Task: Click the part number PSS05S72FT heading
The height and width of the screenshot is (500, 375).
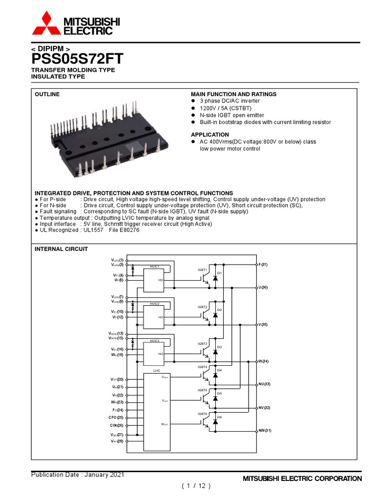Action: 77,59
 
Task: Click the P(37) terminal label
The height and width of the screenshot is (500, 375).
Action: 263,265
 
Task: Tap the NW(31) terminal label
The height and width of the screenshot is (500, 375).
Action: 265,431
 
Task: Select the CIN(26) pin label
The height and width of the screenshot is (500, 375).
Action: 117,425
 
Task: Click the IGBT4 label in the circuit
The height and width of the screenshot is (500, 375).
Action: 203,367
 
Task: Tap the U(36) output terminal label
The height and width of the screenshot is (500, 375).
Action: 263,288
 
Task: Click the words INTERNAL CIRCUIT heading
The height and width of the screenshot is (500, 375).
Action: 61,249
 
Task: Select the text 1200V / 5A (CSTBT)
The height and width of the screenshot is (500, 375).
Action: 223,108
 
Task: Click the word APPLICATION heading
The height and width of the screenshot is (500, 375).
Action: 209,134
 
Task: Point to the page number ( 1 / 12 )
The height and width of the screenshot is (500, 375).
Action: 196,486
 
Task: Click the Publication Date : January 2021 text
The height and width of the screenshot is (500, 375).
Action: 78,475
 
